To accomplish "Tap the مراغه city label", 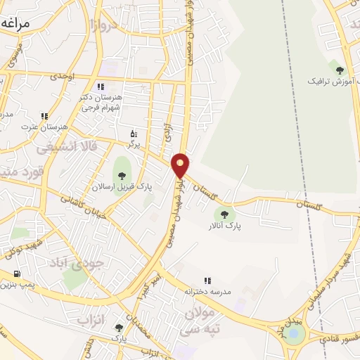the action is pyautogui.click(x=15, y=23).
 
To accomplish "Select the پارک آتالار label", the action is pyautogui.click(x=224, y=226).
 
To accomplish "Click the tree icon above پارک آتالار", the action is pyautogui.click(x=224, y=214).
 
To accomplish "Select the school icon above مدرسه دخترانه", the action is pyautogui.click(x=207, y=281).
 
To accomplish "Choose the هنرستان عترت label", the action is pyautogui.click(x=44, y=127).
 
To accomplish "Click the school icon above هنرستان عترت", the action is pyautogui.click(x=44, y=115).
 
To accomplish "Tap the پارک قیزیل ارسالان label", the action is pyautogui.click(x=122, y=186).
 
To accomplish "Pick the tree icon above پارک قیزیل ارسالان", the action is pyautogui.click(x=122, y=174).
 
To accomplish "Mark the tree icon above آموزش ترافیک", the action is pyautogui.click(x=340, y=70).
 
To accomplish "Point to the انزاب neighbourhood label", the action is pyautogui.click(x=89, y=321).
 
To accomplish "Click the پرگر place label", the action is pyautogui.click(x=134, y=143).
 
